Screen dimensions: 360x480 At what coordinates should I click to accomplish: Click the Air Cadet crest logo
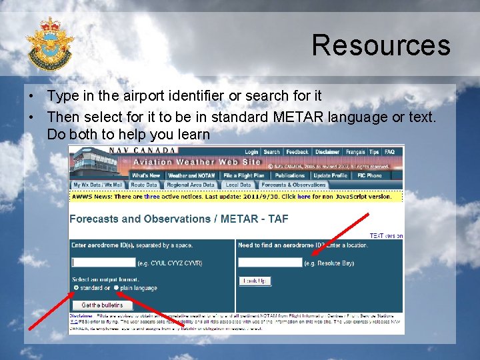[50, 43]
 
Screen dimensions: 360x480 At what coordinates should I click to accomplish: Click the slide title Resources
[381, 45]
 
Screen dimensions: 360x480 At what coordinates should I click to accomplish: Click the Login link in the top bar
[251, 152]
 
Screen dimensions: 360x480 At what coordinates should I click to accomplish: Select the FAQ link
[389, 152]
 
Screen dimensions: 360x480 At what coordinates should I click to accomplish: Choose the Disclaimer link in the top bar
[327, 152]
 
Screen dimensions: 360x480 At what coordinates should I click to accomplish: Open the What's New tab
[146, 175]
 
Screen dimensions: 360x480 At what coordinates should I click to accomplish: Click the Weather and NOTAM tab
[192, 175]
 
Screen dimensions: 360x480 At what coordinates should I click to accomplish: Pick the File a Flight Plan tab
[244, 175]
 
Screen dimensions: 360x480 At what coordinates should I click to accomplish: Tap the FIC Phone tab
[370, 175]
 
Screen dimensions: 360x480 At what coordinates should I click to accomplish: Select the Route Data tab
[144, 185]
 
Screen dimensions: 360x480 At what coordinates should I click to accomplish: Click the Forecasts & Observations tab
[294, 185]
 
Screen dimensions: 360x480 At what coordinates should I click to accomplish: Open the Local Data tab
[238, 185]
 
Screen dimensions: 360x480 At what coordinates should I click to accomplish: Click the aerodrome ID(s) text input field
[104, 263]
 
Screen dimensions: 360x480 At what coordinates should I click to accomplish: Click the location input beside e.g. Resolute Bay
[270, 263]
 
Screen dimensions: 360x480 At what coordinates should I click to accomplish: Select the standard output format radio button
[76, 288]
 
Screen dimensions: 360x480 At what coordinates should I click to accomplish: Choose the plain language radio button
[116, 288]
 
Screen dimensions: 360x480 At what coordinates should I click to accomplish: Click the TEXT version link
[386, 236]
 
